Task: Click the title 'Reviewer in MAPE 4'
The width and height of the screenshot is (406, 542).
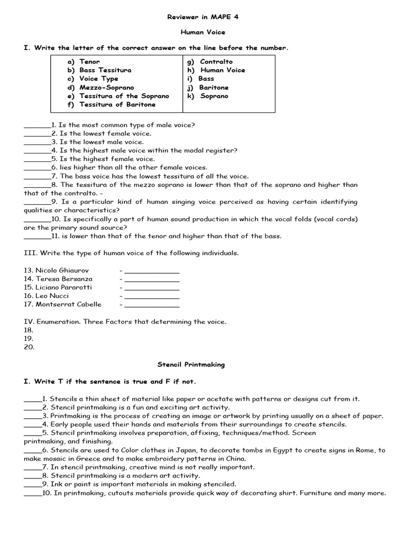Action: [x=203, y=17]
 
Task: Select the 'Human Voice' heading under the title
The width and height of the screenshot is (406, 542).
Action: [x=203, y=32]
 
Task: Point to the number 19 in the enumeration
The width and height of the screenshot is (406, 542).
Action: [x=29, y=339]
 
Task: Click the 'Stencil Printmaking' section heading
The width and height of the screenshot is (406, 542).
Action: [x=191, y=365]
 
